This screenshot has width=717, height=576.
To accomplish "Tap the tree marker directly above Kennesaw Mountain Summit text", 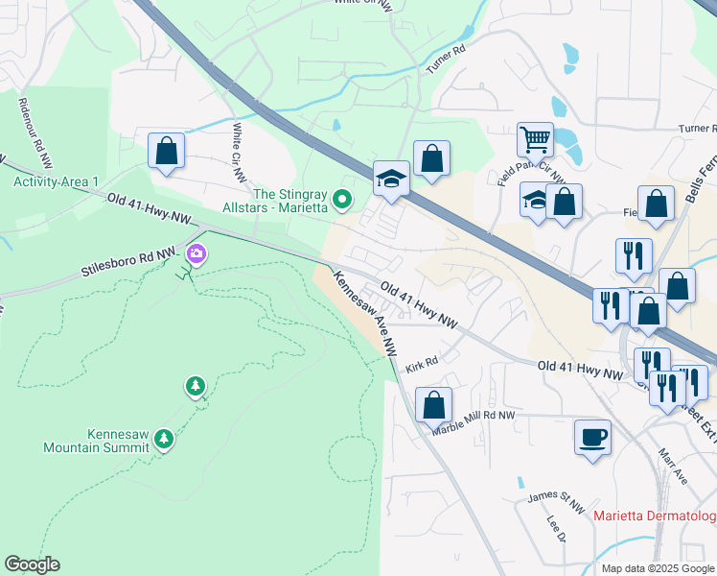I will (x=164, y=439).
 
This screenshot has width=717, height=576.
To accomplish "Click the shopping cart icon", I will (x=535, y=139).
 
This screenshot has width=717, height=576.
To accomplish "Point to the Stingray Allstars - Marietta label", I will (x=277, y=201).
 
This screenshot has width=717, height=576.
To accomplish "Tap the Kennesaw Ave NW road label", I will (x=365, y=313).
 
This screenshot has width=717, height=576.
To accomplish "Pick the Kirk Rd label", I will (x=421, y=366).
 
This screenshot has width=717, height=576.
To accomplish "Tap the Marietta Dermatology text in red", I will (x=654, y=517).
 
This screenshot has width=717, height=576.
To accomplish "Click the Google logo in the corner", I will (x=32, y=564).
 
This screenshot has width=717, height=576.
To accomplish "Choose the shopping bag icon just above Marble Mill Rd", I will (x=433, y=404).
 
